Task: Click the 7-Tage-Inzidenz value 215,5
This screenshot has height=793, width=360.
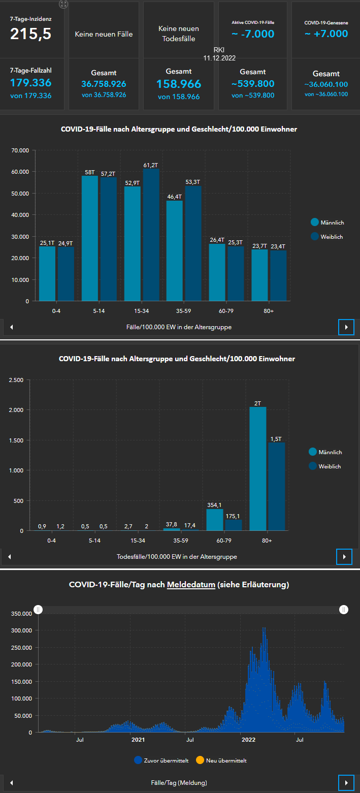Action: click(x=31, y=34)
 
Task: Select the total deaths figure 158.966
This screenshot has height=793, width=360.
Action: click(x=179, y=84)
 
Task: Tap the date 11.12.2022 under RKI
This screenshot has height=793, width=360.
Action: click(x=219, y=58)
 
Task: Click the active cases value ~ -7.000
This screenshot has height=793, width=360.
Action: click(x=253, y=34)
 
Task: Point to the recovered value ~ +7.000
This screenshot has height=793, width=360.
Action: click(x=326, y=34)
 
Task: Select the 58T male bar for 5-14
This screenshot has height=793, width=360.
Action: click(x=90, y=238)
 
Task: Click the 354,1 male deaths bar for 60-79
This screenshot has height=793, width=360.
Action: click(x=215, y=520)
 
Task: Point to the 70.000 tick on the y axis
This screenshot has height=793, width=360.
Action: click(x=18, y=150)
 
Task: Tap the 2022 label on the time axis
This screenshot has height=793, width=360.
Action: click(x=248, y=740)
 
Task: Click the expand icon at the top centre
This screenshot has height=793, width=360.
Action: click(x=63, y=4)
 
